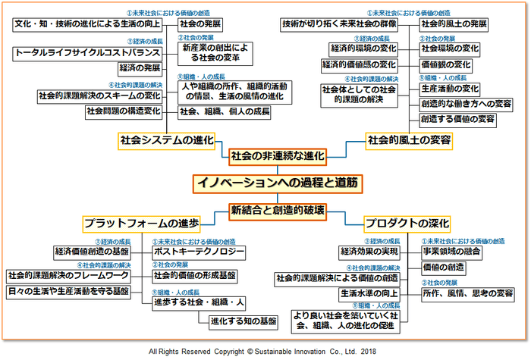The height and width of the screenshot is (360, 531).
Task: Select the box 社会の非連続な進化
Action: point(278,156)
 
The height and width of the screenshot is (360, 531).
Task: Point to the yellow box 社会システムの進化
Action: point(167,140)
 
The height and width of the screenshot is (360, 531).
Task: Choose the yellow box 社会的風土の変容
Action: point(410,140)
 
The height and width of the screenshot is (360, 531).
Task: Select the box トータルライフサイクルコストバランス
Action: point(88,53)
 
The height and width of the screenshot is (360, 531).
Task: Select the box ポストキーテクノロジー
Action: point(199,251)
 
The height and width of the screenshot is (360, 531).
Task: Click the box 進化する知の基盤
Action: point(243,321)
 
